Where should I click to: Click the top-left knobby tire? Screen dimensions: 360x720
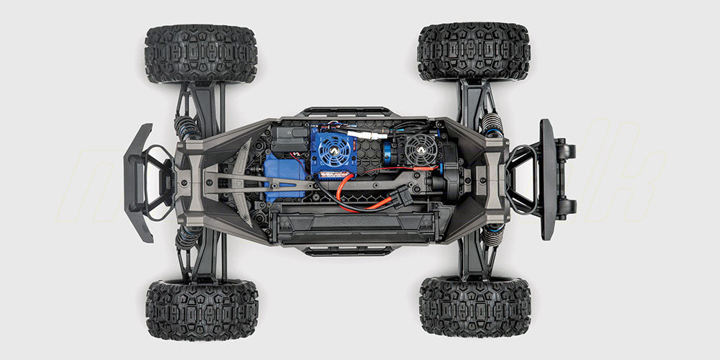[201, 54]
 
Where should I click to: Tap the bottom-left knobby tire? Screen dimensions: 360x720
[202, 310]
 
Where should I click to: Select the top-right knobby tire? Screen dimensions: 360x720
[474, 51]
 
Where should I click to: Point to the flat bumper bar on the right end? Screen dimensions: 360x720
[548, 179]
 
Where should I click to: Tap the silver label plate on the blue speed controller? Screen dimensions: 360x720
[333, 174]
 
